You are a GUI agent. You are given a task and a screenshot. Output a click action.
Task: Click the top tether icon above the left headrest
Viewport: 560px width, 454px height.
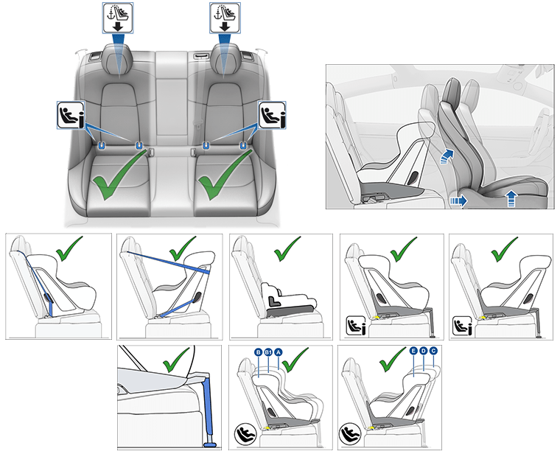118,18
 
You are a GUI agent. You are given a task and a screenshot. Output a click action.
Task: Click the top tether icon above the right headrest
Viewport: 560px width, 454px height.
225,18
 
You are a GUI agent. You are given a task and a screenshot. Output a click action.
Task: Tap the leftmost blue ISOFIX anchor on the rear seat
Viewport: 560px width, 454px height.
102,145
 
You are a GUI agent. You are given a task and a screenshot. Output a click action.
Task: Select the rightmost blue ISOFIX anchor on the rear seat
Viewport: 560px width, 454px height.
243,145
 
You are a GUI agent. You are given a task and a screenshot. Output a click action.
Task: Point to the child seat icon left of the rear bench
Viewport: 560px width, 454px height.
71,115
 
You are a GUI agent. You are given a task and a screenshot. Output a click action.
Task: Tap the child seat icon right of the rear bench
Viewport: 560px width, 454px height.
272,115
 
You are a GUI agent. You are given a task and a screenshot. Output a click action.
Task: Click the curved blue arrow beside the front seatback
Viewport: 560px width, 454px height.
447,156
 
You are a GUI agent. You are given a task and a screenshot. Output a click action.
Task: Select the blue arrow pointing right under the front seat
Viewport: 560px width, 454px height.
458,200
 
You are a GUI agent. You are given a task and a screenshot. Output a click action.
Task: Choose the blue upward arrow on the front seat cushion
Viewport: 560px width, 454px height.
511,198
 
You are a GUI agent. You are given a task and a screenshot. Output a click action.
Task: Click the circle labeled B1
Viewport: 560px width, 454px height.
268,352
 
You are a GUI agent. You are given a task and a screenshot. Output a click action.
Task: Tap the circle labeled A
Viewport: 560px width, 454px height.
278,352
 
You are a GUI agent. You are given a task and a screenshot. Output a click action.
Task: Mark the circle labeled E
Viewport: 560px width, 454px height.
413,351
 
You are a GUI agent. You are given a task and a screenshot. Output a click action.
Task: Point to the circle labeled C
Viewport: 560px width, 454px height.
433,351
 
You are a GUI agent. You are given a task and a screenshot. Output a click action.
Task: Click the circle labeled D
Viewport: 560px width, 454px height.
423,351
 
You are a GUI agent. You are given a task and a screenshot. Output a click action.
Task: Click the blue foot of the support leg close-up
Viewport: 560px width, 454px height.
209,445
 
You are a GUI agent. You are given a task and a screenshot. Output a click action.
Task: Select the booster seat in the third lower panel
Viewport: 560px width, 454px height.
290,299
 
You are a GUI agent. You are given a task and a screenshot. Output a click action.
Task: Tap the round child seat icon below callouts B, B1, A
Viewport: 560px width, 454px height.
245,433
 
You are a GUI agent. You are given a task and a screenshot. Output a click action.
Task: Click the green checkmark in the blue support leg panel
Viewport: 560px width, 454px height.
175,360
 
